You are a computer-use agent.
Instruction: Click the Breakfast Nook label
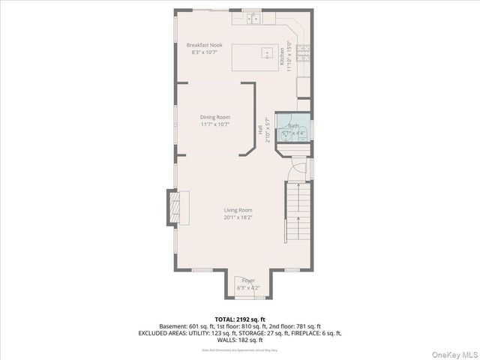pos(204,46)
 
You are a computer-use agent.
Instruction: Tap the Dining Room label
pos(214,117)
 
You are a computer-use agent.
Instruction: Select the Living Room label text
pos(237,210)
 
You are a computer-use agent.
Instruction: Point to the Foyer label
pos(248,280)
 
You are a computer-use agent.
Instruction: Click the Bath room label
pos(293,126)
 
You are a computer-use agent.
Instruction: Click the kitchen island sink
pos(266,52)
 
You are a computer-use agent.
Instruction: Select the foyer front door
pos(248,296)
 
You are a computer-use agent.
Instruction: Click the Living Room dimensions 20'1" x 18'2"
pos(237,218)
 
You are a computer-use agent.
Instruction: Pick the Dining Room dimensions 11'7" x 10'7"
pos(214,125)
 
